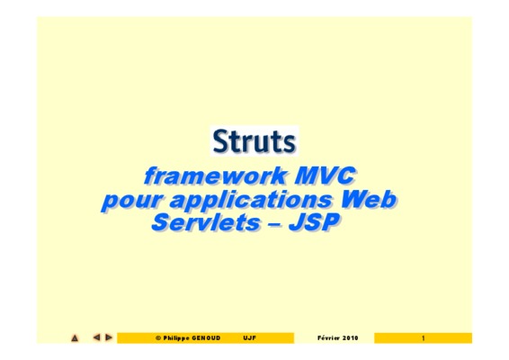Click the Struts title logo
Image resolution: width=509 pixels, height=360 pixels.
click(x=254, y=141)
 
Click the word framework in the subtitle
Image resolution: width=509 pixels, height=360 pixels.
click(x=215, y=175)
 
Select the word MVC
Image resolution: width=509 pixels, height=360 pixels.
click(x=325, y=175)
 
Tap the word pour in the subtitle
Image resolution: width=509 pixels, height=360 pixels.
click(x=130, y=201)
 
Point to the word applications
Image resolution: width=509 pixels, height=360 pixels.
click(x=251, y=199)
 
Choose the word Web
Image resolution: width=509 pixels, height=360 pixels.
click(x=368, y=199)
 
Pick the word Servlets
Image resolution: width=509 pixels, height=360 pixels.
click(x=206, y=222)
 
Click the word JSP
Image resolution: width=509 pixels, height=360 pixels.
click(x=314, y=222)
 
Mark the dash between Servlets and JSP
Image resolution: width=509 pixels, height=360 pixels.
click(x=274, y=224)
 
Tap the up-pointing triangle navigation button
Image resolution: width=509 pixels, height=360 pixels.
click(x=75, y=337)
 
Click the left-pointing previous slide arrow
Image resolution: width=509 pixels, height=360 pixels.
click(x=96, y=337)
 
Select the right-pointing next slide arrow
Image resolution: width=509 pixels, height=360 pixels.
click(x=109, y=337)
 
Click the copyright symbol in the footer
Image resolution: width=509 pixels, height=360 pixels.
click(x=158, y=338)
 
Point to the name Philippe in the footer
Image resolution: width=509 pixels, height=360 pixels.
click(x=176, y=338)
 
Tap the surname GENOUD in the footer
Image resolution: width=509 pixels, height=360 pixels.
click(x=206, y=337)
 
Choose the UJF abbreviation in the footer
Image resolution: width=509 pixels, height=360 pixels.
click(x=250, y=337)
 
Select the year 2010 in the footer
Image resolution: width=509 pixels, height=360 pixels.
click(x=350, y=337)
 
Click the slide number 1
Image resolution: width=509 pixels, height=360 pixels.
click(x=423, y=338)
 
